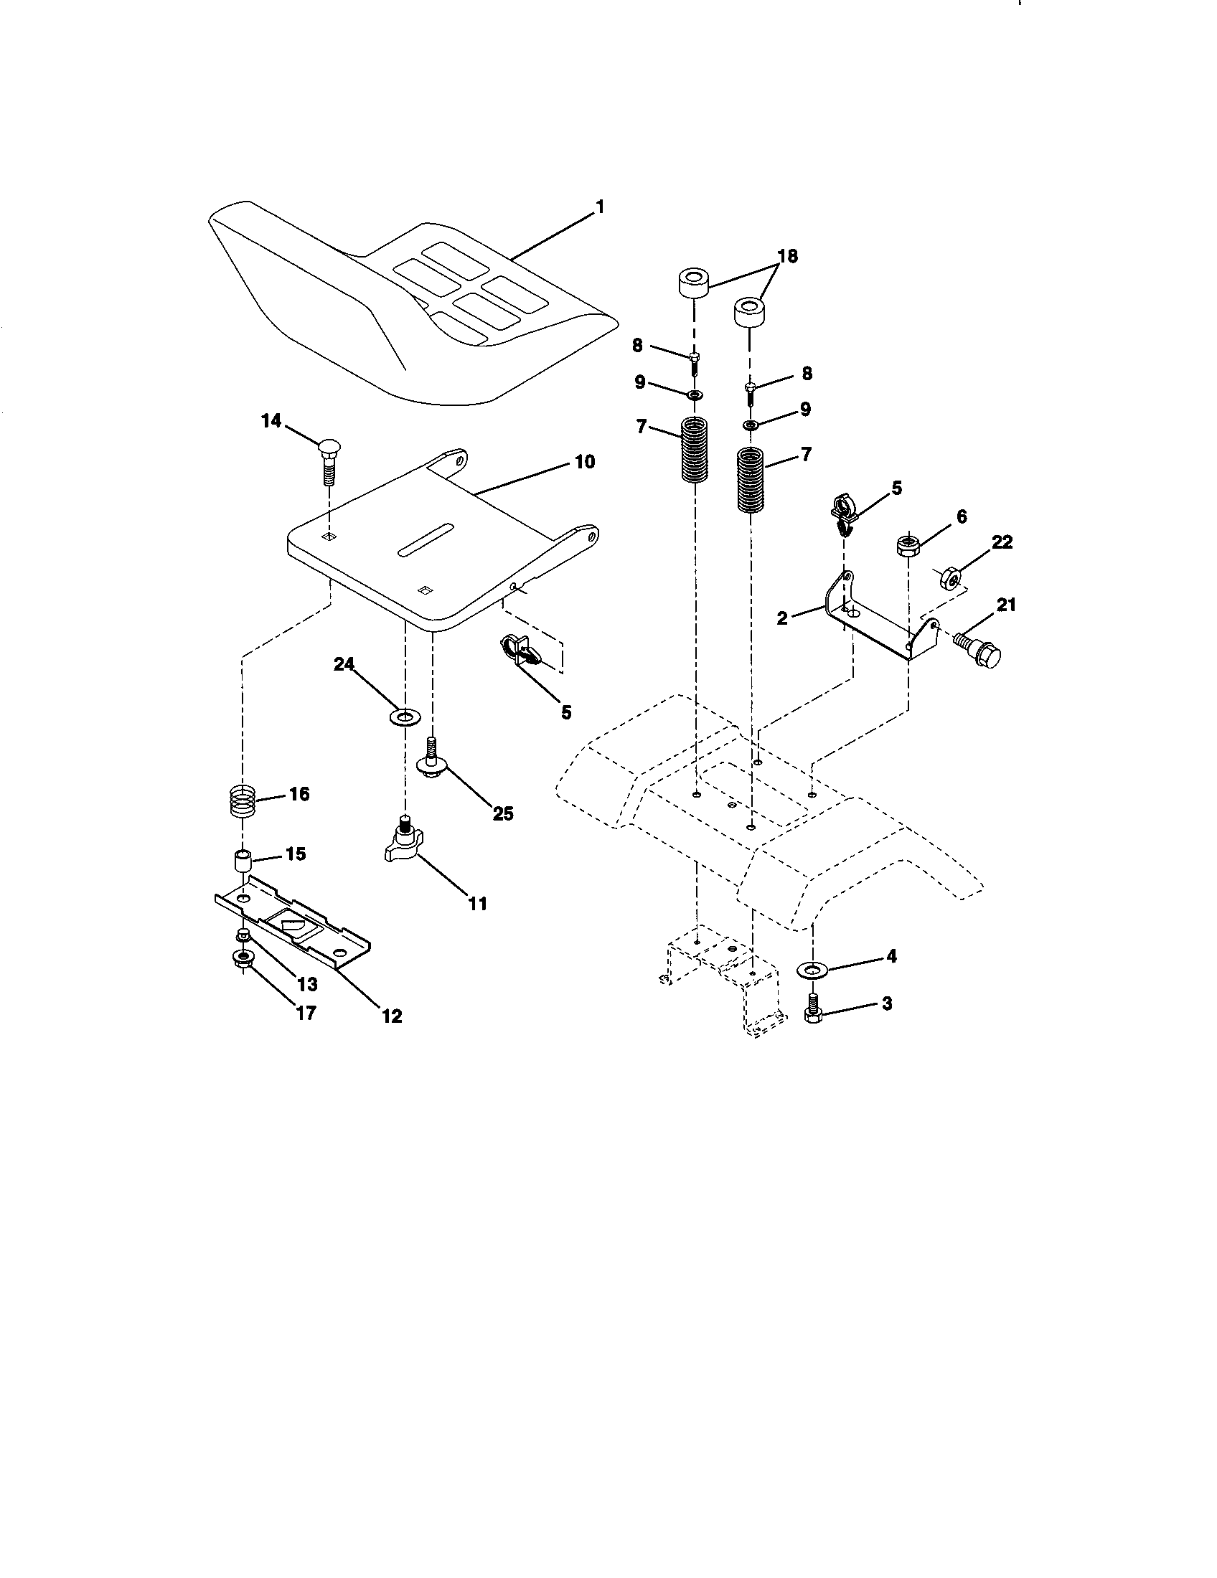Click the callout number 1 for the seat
598,207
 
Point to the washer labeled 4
812,968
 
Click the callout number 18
787,257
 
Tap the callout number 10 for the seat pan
584,461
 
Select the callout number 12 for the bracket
391,1015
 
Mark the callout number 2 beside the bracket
783,618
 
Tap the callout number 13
307,984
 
